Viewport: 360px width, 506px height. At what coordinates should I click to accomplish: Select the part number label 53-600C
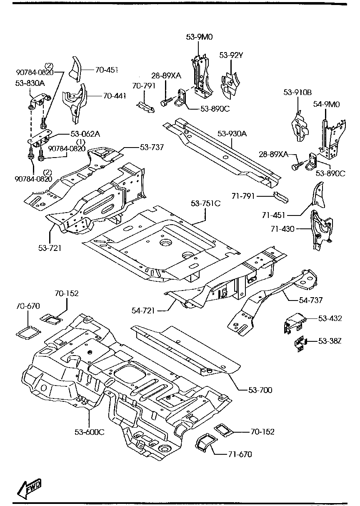click(x=90, y=431)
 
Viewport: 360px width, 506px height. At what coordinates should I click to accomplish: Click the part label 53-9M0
click(x=199, y=37)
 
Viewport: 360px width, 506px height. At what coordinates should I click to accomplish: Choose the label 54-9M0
click(x=327, y=104)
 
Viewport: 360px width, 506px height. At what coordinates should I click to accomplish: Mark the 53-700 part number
click(x=260, y=390)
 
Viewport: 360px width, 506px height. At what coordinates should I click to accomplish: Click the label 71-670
click(x=240, y=454)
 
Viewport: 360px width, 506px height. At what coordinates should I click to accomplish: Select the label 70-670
click(x=28, y=306)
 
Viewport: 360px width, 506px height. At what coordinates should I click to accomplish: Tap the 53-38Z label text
click(x=330, y=341)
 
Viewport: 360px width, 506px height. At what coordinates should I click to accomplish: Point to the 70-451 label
click(x=107, y=70)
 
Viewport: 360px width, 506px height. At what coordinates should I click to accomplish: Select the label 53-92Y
click(x=231, y=55)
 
